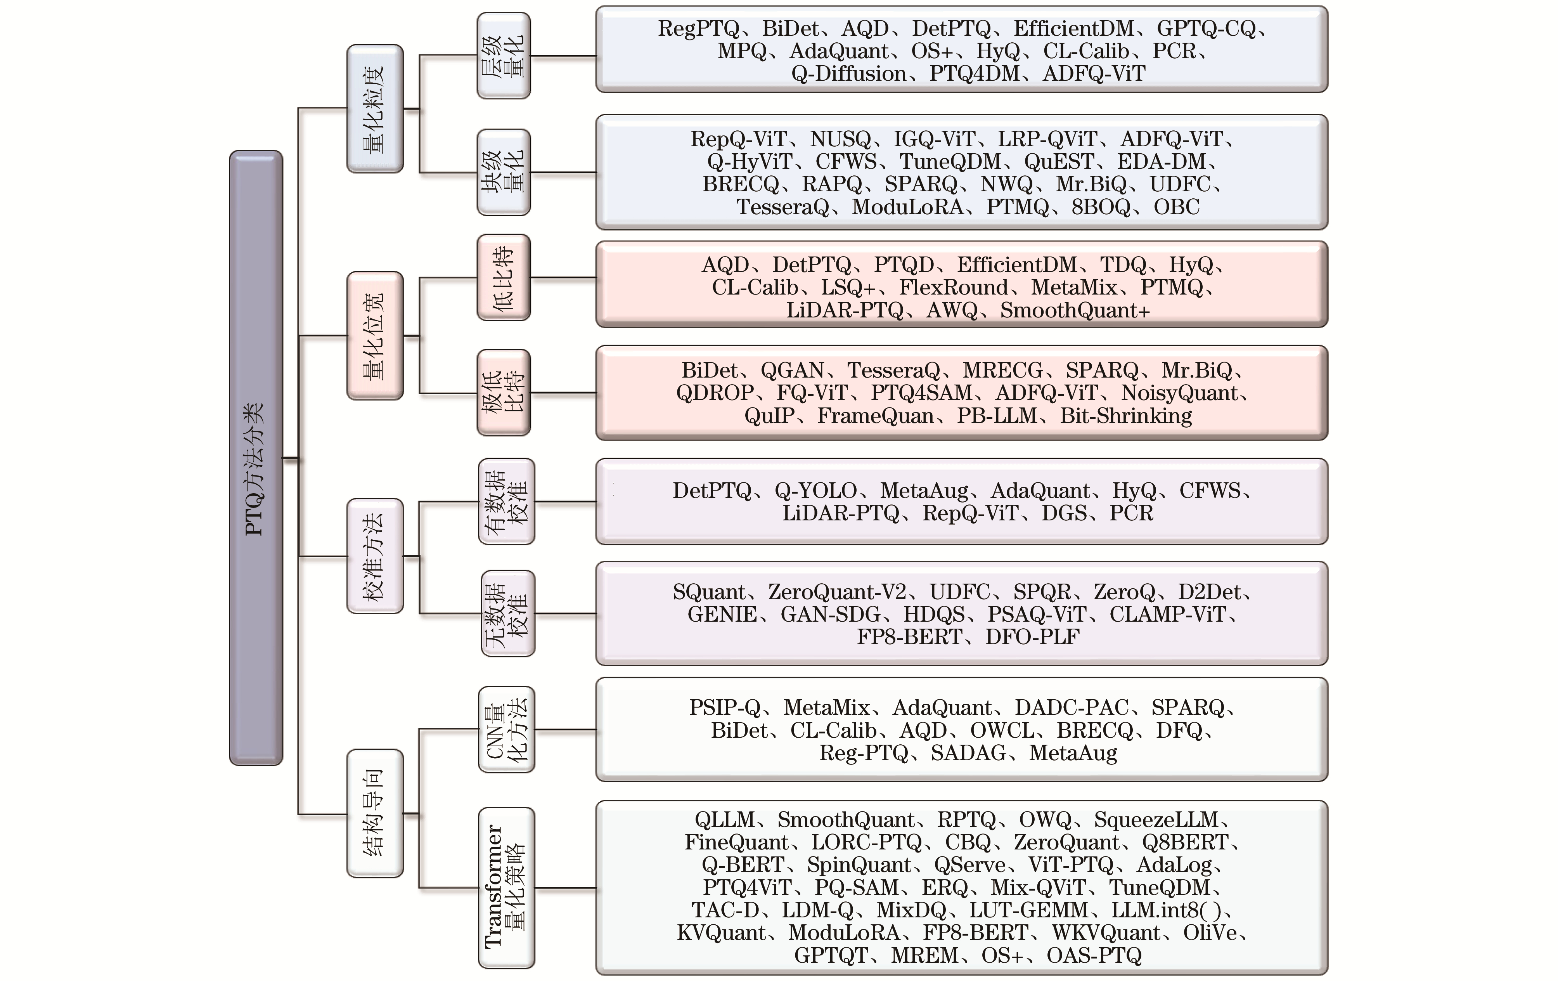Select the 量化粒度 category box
pyautogui.click(x=375, y=109)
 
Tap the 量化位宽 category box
pyautogui.click(x=375, y=335)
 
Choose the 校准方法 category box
pyautogui.click(x=375, y=556)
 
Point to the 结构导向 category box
pyautogui.click(x=375, y=813)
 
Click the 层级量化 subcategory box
pyautogui.click(x=504, y=55)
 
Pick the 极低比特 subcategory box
pyautogui.click(x=504, y=393)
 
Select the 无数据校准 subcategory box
pyautogui.click(x=508, y=614)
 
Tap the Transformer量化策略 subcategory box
pyautogui.click(x=507, y=888)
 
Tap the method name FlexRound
pyautogui.click(x=954, y=287)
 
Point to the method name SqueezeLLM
pyautogui.click(x=1156, y=820)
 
